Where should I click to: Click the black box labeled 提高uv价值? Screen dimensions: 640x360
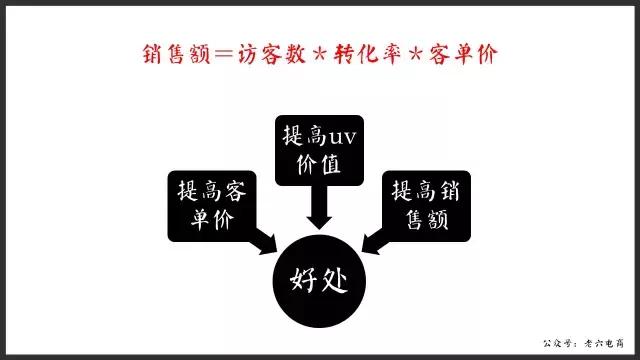tap(320, 151)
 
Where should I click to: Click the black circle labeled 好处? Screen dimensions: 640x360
tap(319, 274)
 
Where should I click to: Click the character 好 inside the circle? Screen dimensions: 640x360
tap(303, 275)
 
